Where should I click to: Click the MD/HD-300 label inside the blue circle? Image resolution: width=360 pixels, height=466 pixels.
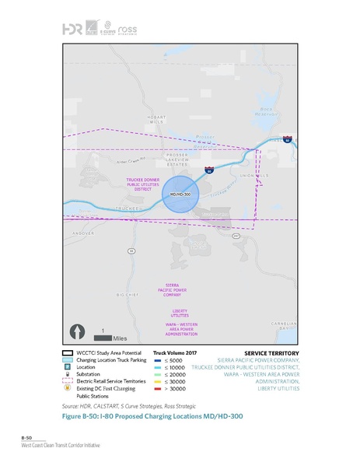(180, 192)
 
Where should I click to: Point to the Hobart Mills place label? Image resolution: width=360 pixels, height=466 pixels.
(156, 120)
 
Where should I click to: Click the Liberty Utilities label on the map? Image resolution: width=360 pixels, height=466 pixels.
(180, 312)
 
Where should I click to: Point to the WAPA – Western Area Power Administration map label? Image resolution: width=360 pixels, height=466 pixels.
(181, 328)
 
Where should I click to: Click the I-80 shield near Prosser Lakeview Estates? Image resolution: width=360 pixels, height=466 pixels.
(208, 168)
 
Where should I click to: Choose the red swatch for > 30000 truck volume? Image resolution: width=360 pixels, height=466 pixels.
(157, 388)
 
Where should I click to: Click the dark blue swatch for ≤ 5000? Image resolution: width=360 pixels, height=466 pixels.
(157, 360)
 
